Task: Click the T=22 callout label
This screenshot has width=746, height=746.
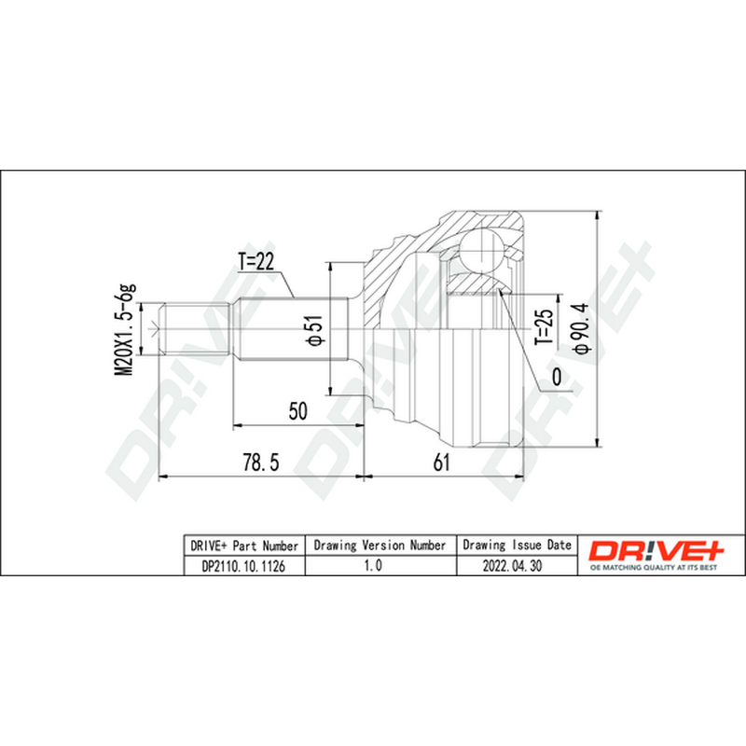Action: (x=256, y=261)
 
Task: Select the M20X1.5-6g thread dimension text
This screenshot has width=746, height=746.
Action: (x=125, y=330)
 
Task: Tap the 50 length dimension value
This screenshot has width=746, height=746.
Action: (x=297, y=411)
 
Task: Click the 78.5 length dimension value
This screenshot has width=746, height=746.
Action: (x=261, y=462)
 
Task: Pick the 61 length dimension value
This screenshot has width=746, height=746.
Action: (x=441, y=462)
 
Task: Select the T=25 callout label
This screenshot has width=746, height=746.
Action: (x=544, y=327)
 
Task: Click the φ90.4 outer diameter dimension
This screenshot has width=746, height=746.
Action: (x=581, y=328)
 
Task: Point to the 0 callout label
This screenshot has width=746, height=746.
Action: (x=556, y=377)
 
